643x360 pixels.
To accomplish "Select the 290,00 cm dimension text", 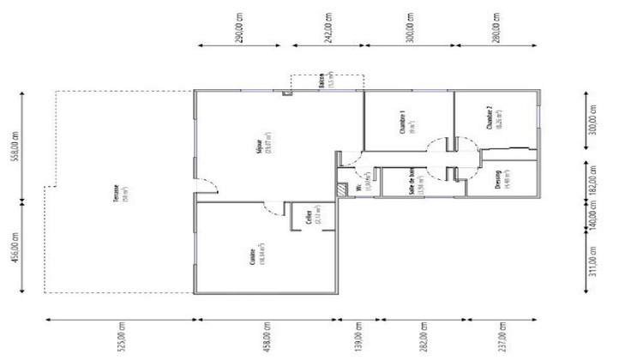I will pyautogui.click(x=243, y=27).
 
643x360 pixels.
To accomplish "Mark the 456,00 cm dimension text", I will pyautogui.click(x=13, y=249).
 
